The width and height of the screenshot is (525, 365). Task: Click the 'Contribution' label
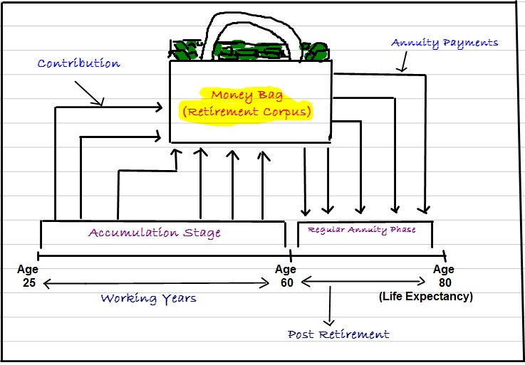click(x=78, y=64)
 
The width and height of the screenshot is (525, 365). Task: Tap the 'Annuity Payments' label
click(x=445, y=43)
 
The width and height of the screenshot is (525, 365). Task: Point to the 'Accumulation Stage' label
click(x=155, y=233)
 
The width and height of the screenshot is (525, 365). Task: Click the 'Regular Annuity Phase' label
click(x=361, y=230)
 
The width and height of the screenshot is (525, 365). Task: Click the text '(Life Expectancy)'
click(x=426, y=297)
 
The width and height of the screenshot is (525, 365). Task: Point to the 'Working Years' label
click(x=148, y=298)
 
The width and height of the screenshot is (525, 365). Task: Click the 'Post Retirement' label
click(x=338, y=334)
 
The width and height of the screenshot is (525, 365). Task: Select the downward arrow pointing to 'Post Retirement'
click(x=330, y=306)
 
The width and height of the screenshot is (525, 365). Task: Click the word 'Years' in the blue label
click(x=177, y=298)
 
